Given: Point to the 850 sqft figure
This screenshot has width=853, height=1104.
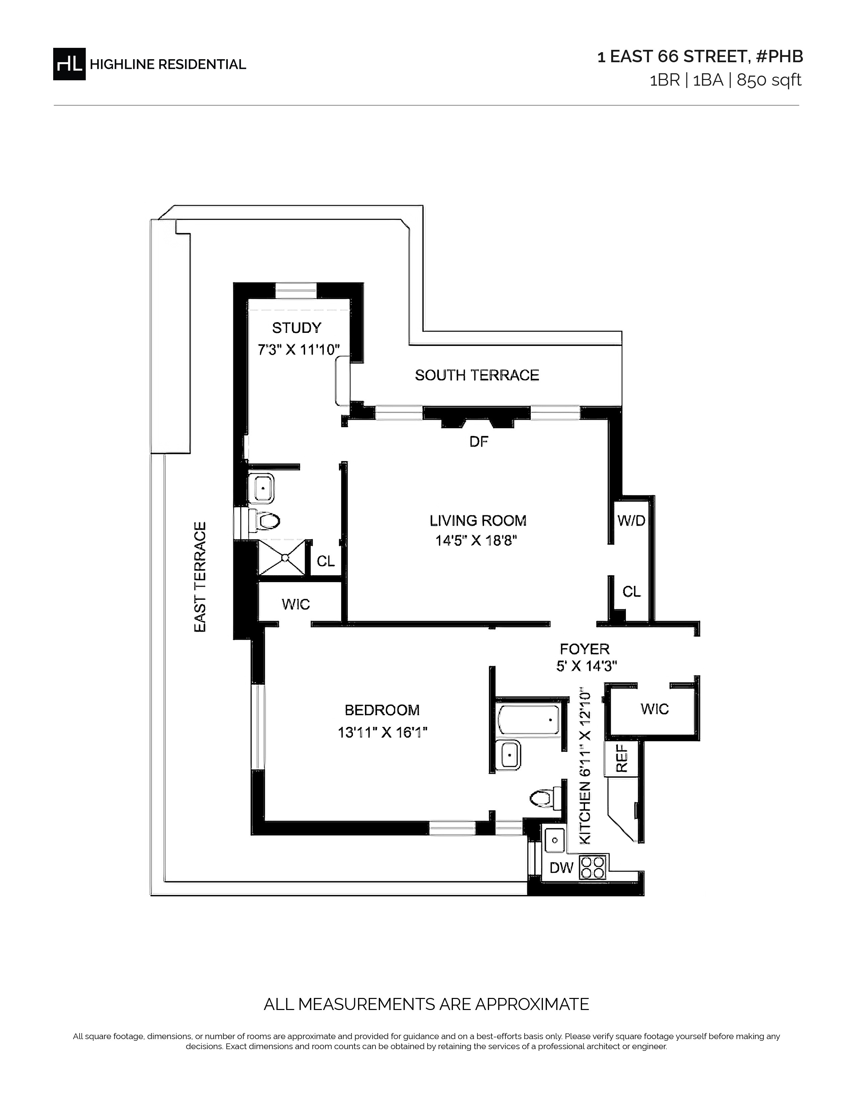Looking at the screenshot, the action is click(769, 80).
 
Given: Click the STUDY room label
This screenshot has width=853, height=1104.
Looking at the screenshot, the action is click(297, 328).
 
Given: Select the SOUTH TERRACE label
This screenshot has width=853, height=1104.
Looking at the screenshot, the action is click(477, 375).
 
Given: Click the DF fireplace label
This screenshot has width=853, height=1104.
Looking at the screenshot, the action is click(479, 442).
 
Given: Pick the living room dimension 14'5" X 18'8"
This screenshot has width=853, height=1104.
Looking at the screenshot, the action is click(477, 541).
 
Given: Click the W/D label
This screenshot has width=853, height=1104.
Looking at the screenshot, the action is click(631, 521).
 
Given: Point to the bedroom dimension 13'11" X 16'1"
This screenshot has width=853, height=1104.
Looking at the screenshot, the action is click(383, 732).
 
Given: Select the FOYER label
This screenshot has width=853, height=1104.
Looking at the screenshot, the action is click(585, 649).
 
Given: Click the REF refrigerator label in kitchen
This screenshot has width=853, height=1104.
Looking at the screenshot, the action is click(622, 758).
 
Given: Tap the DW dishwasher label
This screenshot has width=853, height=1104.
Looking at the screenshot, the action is click(561, 867).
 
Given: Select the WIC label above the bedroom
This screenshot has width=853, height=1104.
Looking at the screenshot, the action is click(296, 604).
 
